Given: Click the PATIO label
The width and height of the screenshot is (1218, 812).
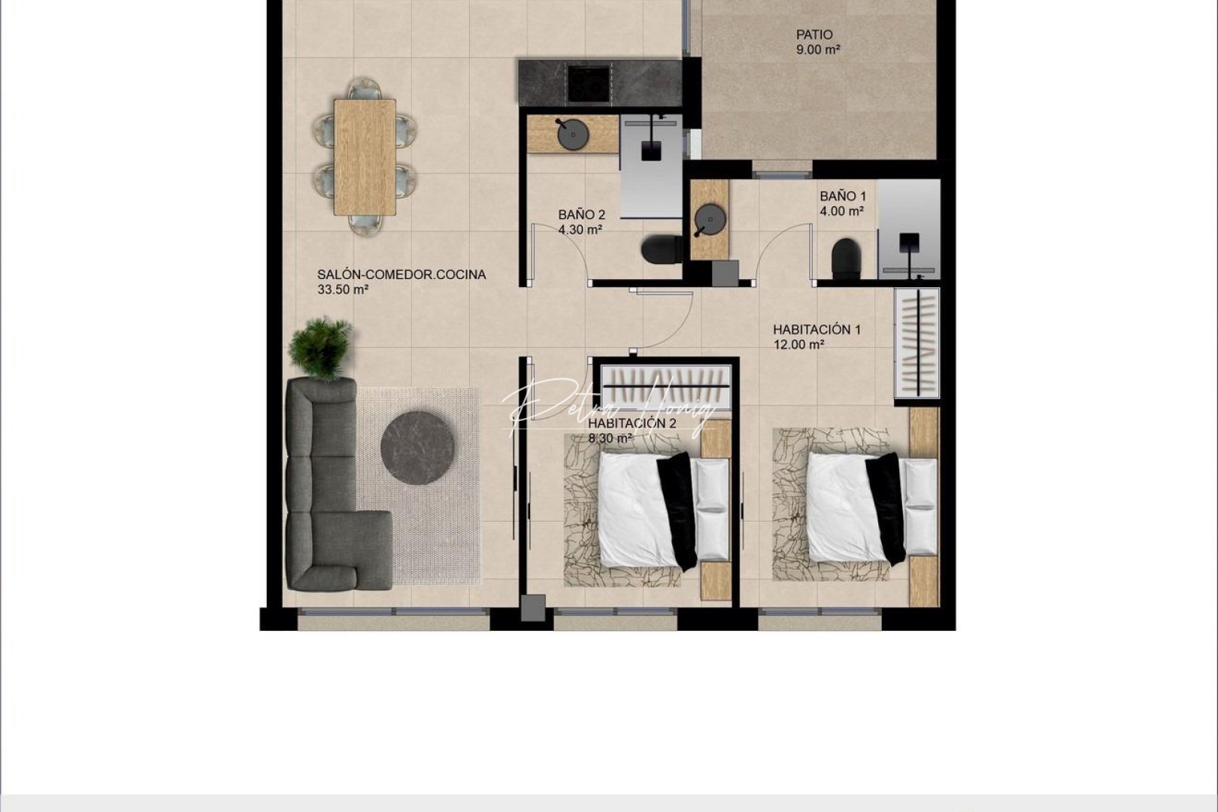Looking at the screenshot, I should (814, 35).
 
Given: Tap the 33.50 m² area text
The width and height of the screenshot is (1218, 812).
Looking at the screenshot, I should (342, 289).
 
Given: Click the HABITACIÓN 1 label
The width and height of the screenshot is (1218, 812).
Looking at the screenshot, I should (817, 329).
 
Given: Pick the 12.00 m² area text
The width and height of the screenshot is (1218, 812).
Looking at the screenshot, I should (798, 345).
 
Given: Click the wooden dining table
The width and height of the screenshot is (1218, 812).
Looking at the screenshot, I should (365, 157).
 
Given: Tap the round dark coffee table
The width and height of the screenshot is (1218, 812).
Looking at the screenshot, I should (417, 448).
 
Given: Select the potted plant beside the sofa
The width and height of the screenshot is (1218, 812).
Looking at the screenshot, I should (321, 347).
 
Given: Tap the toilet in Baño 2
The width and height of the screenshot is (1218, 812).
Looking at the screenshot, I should (662, 249).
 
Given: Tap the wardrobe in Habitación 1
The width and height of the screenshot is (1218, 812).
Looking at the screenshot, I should (917, 344).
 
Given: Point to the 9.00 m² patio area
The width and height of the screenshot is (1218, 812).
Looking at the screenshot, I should (817, 50).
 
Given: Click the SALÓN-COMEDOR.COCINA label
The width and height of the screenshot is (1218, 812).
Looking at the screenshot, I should (401, 275).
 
